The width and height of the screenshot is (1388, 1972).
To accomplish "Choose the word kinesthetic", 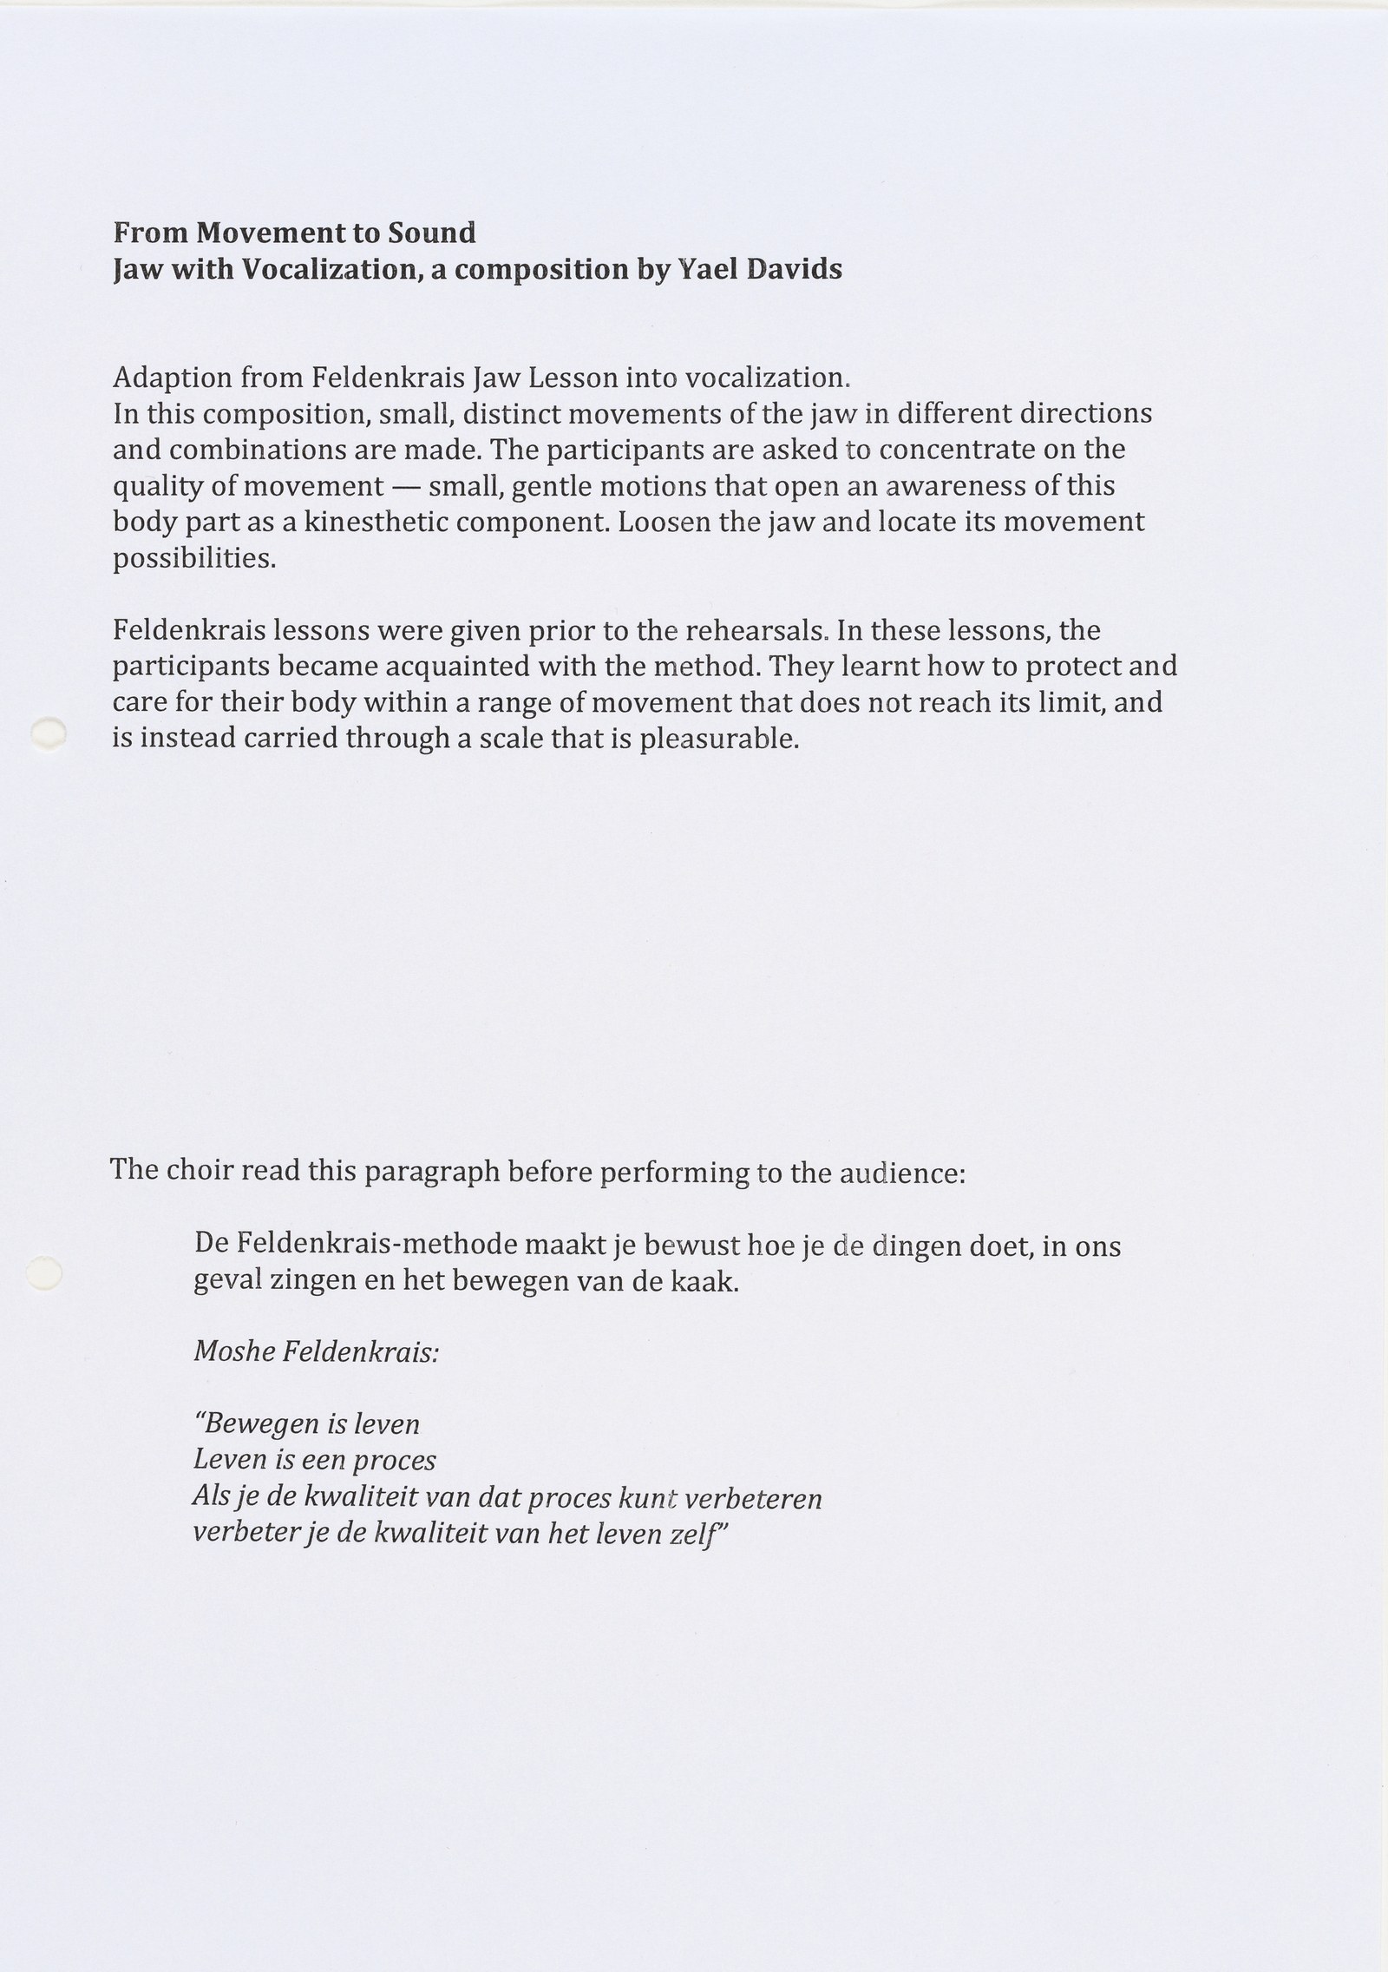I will [377, 523].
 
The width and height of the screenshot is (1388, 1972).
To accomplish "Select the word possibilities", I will [194, 559].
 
